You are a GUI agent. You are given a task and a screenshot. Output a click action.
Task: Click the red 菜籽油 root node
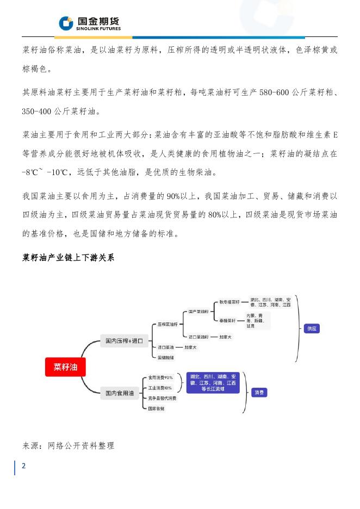pyautogui.click(x=65, y=367)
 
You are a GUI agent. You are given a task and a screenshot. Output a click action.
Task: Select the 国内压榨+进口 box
pyautogui.click(x=123, y=341)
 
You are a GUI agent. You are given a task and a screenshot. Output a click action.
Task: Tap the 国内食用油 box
pyautogui.click(x=120, y=393)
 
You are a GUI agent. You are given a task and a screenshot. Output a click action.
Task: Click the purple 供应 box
pyautogui.click(x=312, y=328)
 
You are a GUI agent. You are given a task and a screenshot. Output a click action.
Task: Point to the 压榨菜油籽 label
pyautogui.click(x=167, y=324)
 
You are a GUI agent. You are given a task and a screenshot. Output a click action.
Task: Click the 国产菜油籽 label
pyautogui.click(x=197, y=312)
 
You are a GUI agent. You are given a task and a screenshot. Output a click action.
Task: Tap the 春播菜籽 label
pyautogui.click(x=224, y=320)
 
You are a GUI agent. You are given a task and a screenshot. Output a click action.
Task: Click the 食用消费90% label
pyautogui.click(x=161, y=377)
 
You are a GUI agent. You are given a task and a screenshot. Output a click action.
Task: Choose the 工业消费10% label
pyautogui.click(x=160, y=388)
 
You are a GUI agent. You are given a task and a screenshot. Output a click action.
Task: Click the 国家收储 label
pyautogui.click(x=157, y=408)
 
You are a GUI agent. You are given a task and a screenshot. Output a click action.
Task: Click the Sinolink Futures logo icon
pyautogui.click(x=66, y=23)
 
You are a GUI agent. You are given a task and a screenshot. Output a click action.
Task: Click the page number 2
pyautogui.click(x=23, y=466)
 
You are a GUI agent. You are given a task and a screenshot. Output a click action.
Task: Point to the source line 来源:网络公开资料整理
pyautogui.click(x=68, y=446)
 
